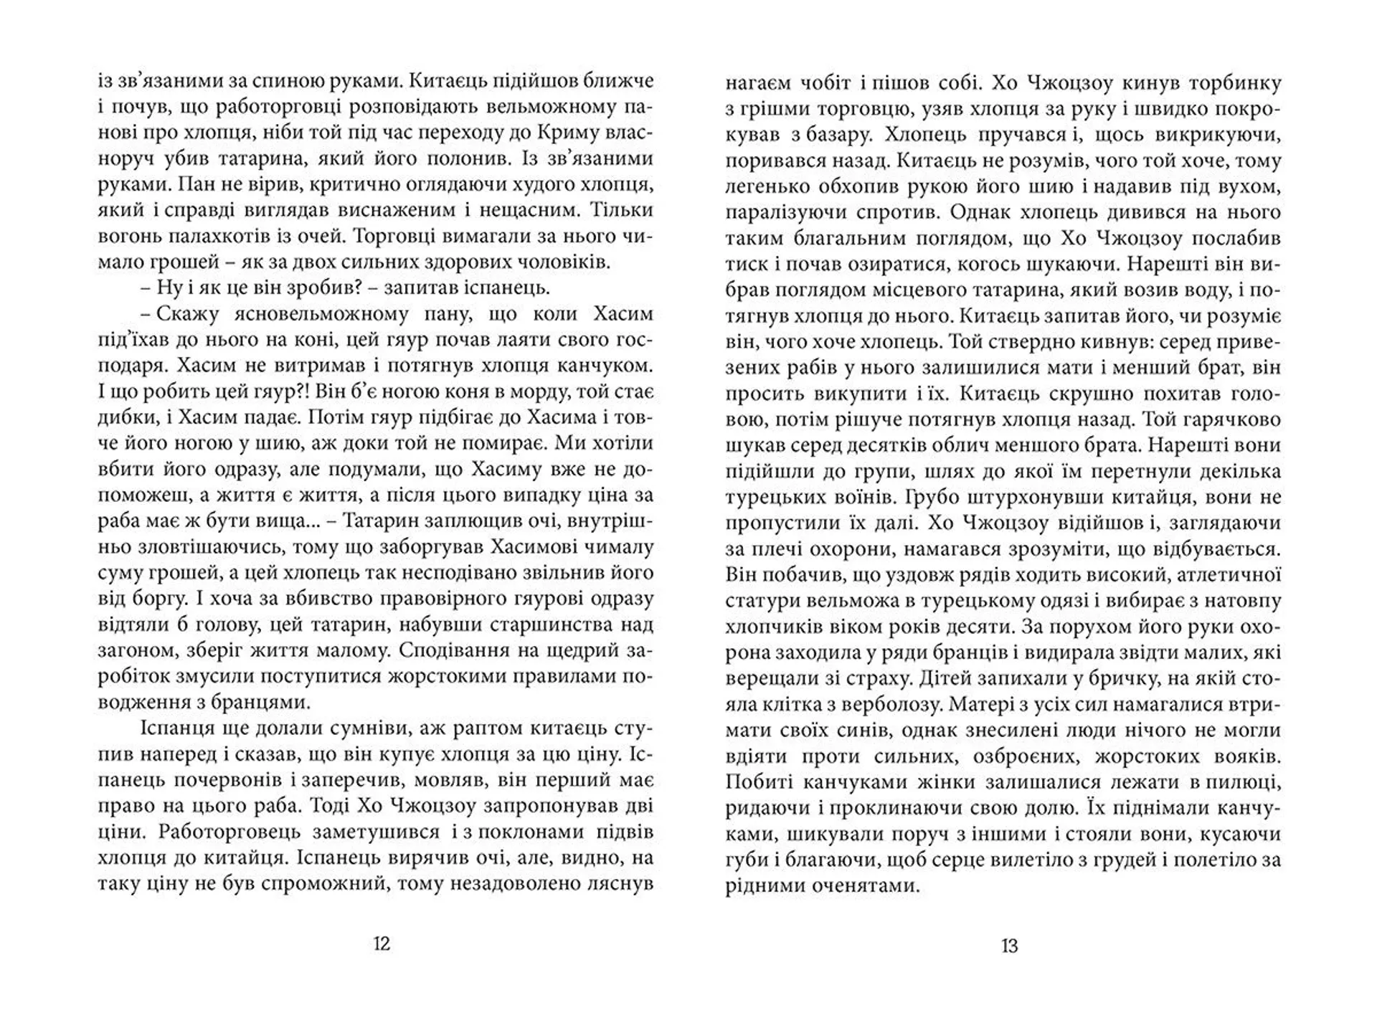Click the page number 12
click(382, 944)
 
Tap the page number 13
click(1009, 946)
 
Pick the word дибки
click(123, 418)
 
